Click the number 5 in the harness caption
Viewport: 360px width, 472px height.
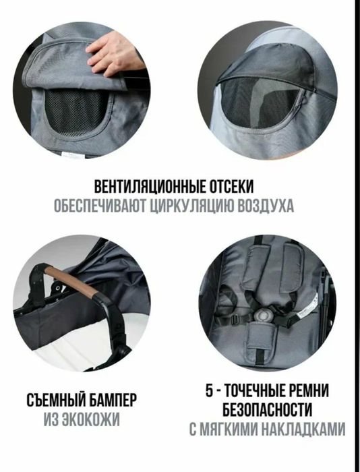coord(210,390)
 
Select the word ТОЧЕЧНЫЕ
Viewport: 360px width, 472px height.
coord(258,390)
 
